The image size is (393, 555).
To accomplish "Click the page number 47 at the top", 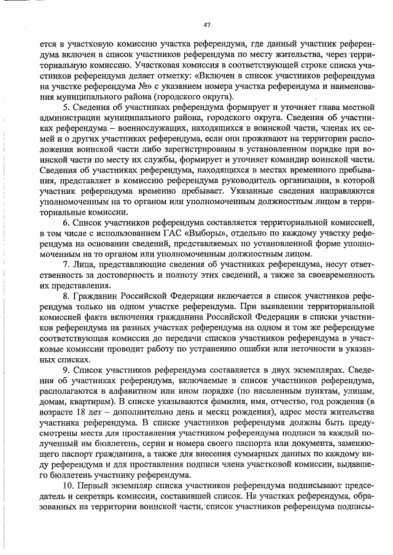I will [207, 25].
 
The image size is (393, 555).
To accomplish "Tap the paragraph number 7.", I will [66, 263].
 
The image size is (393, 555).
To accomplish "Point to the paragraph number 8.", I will [66, 296].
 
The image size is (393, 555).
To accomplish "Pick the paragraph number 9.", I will [66, 371].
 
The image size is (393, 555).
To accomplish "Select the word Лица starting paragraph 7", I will [85, 263].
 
